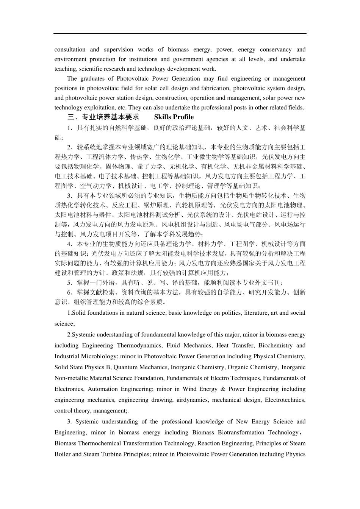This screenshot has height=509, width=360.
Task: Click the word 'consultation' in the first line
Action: point(70,50)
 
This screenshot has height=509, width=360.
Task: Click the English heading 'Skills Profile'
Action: point(174,117)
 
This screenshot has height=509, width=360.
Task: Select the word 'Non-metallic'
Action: point(70,378)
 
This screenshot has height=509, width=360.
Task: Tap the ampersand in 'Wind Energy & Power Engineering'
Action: point(222,389)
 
